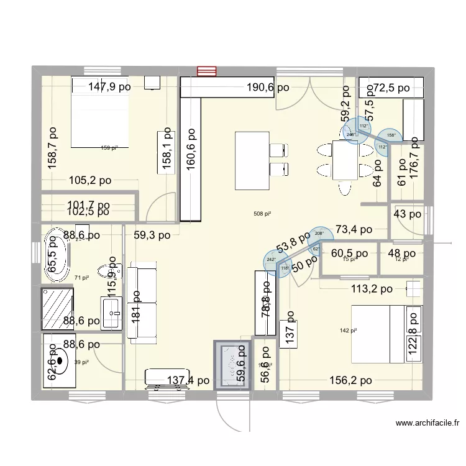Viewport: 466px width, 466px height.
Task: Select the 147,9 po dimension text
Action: pos(109,88)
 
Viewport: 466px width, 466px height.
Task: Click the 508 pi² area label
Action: pos(262,214)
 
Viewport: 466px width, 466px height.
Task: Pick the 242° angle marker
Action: pos(272,260)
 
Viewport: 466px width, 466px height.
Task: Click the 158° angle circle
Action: pos(391,134)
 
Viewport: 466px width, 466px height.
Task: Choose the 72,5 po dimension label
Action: pos(387,88)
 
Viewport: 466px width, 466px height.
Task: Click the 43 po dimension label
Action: pos(407,214)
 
